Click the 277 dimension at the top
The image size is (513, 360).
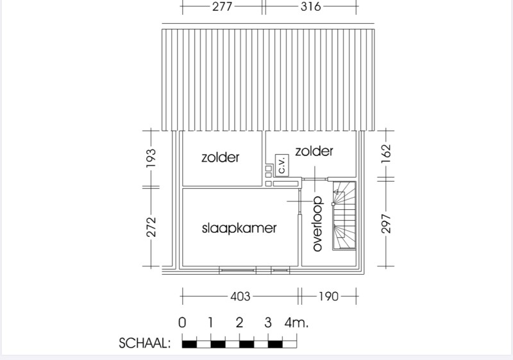point(222,6)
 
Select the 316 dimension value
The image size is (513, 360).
point(311,6)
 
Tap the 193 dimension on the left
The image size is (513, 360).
point(151,159)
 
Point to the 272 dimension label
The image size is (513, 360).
point(151,227)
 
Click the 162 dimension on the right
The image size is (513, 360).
point(386,153)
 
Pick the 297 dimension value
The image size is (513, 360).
point(386,223)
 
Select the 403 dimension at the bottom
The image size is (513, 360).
point(240,296)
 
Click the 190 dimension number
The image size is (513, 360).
point(328,296)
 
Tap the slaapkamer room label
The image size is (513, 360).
point(239,228)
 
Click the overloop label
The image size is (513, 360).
point(317,224)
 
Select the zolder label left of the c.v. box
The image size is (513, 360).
point(221,157)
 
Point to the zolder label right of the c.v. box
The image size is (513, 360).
point(314,151)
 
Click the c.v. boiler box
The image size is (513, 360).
point(282,165)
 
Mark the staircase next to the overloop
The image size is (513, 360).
point(344,216)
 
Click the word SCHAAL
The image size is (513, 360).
point(144,343)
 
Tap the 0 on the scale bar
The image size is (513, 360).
point(182,323)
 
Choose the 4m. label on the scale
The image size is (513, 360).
point(296,323)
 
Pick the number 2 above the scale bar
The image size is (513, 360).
point(239,323)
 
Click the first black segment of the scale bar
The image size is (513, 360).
point(189,345)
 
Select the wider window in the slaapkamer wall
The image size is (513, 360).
point(237,271)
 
